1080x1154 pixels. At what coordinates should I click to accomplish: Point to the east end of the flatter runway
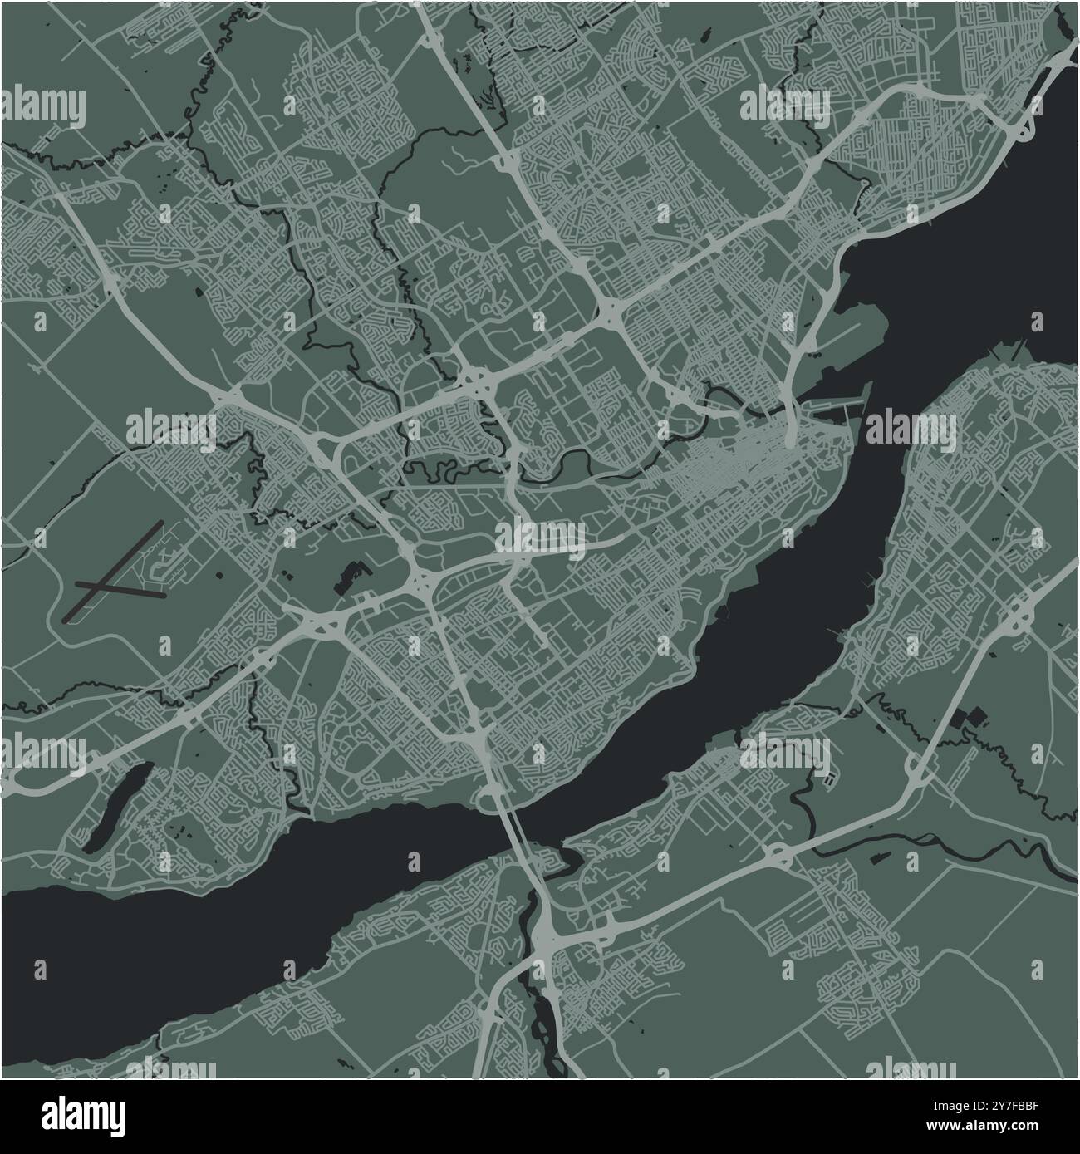(x=165, y=594)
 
